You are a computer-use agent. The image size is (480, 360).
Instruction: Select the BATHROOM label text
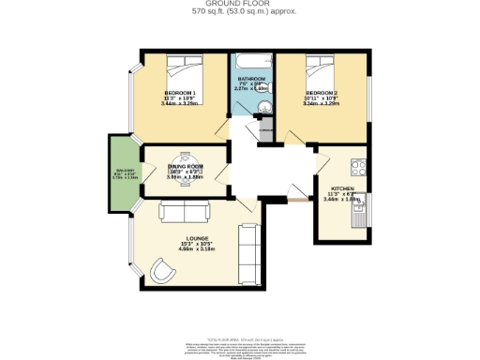[251, 79]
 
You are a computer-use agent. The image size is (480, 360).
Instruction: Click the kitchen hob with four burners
[359, 170]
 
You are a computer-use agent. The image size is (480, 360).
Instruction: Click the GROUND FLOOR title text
[239, 5]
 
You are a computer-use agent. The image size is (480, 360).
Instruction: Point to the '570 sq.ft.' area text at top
[210, 12]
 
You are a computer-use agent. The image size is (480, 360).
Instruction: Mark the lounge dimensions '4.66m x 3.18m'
[196, 250]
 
